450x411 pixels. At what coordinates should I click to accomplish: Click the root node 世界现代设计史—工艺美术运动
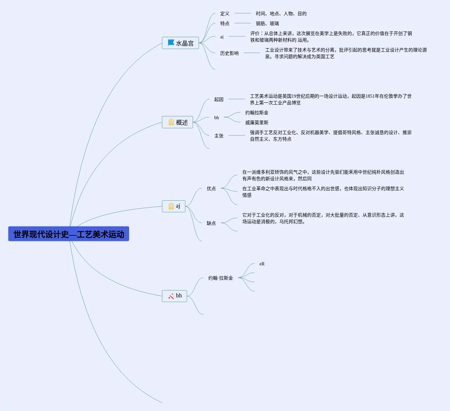click(69, 234)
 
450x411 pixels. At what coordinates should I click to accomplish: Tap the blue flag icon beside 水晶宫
click(171, 43)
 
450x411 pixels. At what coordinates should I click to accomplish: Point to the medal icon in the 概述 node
click(171, 122)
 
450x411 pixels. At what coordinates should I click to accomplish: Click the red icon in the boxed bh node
click(171, 296)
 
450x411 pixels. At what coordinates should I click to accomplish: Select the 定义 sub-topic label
click(225, 14)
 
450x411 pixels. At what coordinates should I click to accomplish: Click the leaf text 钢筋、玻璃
click(267, 23)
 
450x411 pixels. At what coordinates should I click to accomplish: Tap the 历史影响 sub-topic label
click(229, 53)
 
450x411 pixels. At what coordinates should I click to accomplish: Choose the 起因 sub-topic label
click(219, 99)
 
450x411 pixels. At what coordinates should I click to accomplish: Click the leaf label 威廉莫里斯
click(257, 122)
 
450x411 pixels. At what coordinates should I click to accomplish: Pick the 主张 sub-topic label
click(219, 136)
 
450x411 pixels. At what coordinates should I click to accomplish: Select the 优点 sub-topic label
click(211, 188)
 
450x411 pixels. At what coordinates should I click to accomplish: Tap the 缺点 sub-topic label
click(211, 223)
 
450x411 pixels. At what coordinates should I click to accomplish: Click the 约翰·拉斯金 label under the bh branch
click(221, 278)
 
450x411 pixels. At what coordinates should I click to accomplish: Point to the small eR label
click(262, 264)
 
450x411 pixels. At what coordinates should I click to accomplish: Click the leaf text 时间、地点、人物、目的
click(281, 14)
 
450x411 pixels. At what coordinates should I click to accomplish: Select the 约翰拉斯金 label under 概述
click(257, 113)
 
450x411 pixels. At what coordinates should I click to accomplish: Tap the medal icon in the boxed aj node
click(171, 206)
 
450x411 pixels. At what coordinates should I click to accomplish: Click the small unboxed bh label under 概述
click(216, 118)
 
